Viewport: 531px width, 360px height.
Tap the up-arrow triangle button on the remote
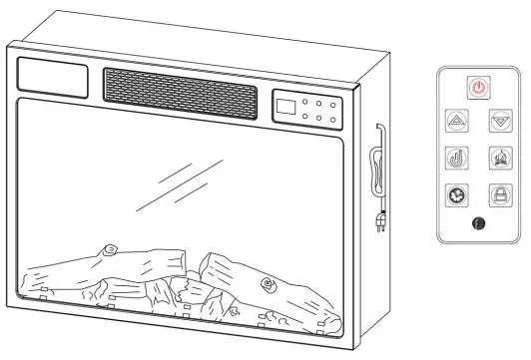click(455, 122)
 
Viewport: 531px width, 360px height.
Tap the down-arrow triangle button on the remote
click(499, 122)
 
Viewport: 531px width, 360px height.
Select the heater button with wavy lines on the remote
click(455, 158)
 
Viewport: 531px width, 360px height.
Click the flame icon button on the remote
click(499, 158)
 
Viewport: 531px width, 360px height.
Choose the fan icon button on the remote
click(455, 193)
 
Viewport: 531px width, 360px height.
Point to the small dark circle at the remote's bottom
click(477, 224)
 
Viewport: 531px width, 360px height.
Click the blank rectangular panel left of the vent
click(54, 78)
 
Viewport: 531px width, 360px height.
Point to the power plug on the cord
click(379, 221)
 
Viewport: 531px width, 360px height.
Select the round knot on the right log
click(266, 287)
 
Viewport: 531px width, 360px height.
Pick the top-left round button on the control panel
click(305, 105)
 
